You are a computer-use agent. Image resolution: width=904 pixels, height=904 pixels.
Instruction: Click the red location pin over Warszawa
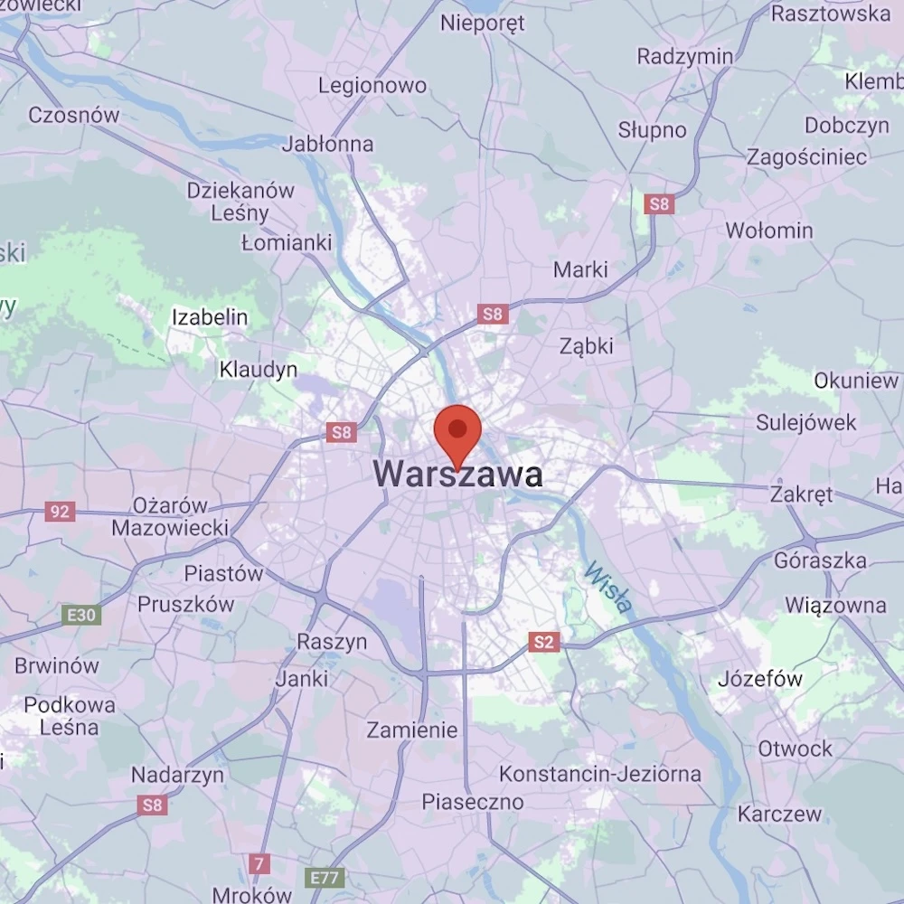tap(458, 432)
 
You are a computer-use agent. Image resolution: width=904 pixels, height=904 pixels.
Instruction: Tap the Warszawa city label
tap(458, 475)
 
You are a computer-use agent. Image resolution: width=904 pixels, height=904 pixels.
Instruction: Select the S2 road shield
tap(542, 643)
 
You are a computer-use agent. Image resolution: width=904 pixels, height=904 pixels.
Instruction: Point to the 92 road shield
tap(60, 513)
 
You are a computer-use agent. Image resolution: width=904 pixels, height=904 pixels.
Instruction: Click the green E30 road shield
tap(81, 616)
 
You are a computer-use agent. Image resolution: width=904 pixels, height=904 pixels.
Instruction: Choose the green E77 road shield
tap(325, 878)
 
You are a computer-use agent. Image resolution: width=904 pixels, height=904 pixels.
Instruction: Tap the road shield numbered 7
tap(259, 863)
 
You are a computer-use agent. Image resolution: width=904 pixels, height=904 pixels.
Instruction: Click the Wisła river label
tap(607, 588)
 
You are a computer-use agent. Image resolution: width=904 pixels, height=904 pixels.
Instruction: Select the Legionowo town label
tap(372, 86)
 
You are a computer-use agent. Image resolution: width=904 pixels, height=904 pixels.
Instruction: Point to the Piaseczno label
tap(473, 802)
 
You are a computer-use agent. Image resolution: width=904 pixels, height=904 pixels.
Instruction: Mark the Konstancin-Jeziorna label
tap(600, 774)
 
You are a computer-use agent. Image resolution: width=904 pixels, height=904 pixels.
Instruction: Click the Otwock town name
tap(796, 749)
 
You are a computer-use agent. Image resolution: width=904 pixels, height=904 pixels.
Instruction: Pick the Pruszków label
tap(185, 604)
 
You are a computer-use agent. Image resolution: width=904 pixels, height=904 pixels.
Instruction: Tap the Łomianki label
tap(287, 242)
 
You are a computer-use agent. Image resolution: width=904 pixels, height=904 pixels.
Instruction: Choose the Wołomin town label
tap(769, 231)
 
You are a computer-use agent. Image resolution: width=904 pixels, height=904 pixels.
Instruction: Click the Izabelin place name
tap(210, 316)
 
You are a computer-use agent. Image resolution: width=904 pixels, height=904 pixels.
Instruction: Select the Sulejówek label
tap(806, 422)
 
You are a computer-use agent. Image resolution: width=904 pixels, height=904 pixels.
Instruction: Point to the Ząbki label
tap(587, 345)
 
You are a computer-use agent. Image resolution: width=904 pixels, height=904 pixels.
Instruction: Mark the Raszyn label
tap(333, 642)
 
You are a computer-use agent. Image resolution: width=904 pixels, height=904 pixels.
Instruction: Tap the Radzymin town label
tap(685, 56)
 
